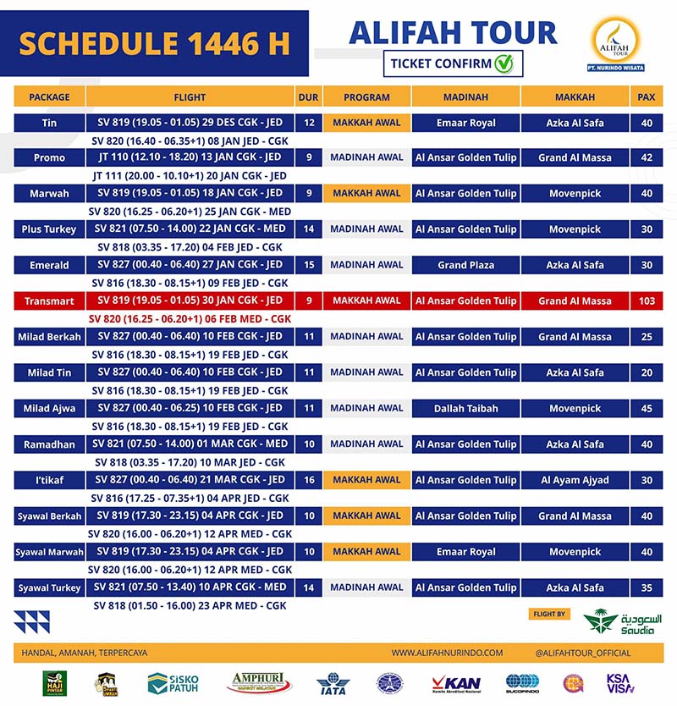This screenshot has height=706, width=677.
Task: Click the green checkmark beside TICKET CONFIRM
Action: click(x=504, y=63)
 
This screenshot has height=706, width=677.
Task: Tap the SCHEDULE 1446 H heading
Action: click(x=154, y=41)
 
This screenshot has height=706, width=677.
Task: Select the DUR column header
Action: click(x=308, y=97)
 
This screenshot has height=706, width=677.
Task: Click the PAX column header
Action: click(x=647, y=97)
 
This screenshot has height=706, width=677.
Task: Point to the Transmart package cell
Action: click(x=49, y=301)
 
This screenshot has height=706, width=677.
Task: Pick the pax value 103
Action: click(x=647, y=301)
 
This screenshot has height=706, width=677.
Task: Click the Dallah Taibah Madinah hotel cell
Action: click(x=466, y=408)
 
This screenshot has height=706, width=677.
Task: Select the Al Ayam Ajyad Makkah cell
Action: click(x=575, y=480)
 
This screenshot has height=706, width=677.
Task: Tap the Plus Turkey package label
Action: click(x=49, y=229)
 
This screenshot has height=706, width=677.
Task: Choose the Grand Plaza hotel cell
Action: click(x=466, y=265)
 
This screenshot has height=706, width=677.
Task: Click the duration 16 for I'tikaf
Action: click(x=309, y=480)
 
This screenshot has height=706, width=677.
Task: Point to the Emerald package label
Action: click(x=49, y=265)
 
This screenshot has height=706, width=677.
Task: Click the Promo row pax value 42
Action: click(x=647, y=157)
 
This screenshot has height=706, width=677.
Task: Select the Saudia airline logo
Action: click(x=623, y=623)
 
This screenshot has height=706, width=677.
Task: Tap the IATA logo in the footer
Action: click(x=332, y=682)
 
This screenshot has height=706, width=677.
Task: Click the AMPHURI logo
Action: click(x=259, y=681)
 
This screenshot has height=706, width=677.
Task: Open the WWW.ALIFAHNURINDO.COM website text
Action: click(x=447, y=653)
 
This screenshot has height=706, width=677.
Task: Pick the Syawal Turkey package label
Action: click(x=49, y=587)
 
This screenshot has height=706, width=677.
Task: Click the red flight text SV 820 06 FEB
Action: click(x=190, y=319)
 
